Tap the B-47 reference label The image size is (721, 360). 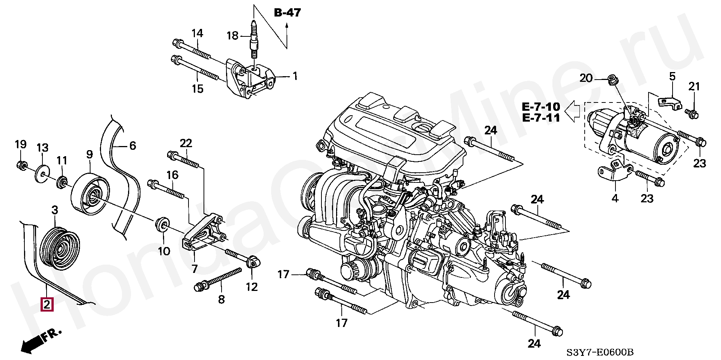(287, 13)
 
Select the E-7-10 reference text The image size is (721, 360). (541, 107)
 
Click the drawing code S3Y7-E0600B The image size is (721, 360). (600, 352)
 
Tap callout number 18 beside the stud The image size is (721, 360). (233, 36)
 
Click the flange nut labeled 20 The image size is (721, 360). (614, 80)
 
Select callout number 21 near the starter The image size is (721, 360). (694, 87)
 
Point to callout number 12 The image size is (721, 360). (252, 287)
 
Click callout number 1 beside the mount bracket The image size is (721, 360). (295, 76)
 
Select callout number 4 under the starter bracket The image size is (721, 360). (615, 198)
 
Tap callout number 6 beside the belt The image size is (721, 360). (133, 145)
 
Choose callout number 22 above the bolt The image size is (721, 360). (186, 143)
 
